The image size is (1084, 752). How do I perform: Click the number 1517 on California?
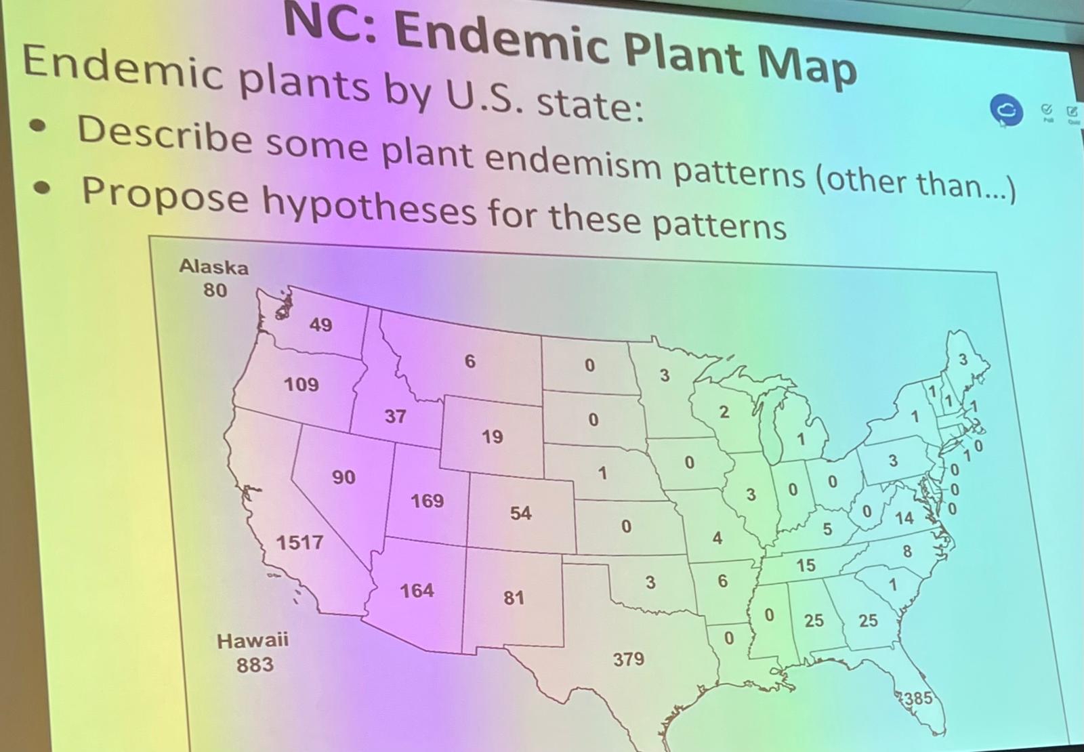tap(299, 542)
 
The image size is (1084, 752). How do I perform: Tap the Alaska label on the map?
tap(213, 267)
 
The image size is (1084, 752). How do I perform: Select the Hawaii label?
tap(252, 640)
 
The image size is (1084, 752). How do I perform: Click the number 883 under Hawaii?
tap(255, 665)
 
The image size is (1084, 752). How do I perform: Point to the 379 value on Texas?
tap(629, 659)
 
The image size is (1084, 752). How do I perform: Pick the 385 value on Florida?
tap(918, 698)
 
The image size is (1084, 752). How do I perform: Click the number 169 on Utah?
tap(427, 501)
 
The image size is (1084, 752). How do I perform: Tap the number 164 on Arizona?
tap(417, 591)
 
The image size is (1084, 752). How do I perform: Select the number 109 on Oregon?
tap(301, 384)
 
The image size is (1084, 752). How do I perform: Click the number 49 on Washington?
tap(321, 325)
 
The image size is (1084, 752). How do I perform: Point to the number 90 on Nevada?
tap(343, 477)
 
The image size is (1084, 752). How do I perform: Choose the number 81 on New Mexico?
tap(514, 598)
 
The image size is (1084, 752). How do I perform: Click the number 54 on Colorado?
tap(520, 513)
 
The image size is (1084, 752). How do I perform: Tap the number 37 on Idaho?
tap(395, 415)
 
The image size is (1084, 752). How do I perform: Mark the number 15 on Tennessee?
tap(806, 565)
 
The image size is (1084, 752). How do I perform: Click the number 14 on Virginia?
tap(904, 518)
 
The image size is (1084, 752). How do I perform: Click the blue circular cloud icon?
tap(1006, 110)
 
